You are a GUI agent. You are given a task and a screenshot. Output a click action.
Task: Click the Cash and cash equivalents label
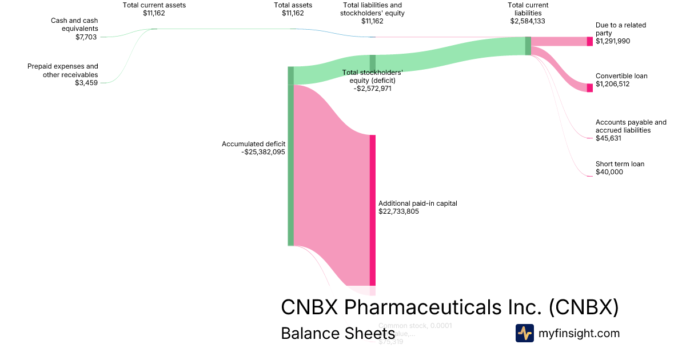pyautogui.click(x=74, y=25)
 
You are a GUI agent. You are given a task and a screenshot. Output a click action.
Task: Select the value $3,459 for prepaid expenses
pyautogui.click(x=86, y=83)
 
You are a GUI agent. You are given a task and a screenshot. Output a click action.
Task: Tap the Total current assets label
pyautogui.click(x=154, y=5)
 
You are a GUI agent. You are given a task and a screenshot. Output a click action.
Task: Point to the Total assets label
pyautogui.click(x=293, y=5)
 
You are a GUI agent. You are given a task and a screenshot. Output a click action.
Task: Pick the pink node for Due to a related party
pyautogui.click(x=590, y=41)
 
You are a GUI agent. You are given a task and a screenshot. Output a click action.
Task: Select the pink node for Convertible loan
pyautogui.click(x=590, y=87)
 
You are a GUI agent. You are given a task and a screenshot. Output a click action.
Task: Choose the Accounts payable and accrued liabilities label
pyautogui.click(x=631, y=126)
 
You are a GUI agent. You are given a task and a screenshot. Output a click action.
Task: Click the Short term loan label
pyautogui.click(x=620, y=164)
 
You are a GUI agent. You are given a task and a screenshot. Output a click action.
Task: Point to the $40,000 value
pyautogui.click(x=609, y=172)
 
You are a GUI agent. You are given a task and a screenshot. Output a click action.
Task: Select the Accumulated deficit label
pyautogui.click(x=253, y=144)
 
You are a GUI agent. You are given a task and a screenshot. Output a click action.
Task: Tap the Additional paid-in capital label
pyautogui.click(x=418, y=203)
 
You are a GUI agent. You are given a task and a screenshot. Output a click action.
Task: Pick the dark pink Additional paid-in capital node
pyautogui.click(x=373, y=210)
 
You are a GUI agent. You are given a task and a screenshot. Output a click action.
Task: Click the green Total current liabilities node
pyautogui.click(x=528, y=46)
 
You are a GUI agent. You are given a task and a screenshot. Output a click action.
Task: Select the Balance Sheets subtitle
pyautogui.click(x=337, y=333)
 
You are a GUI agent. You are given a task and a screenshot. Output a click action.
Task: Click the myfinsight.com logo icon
pyautogui.click(x=525, y=333)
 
